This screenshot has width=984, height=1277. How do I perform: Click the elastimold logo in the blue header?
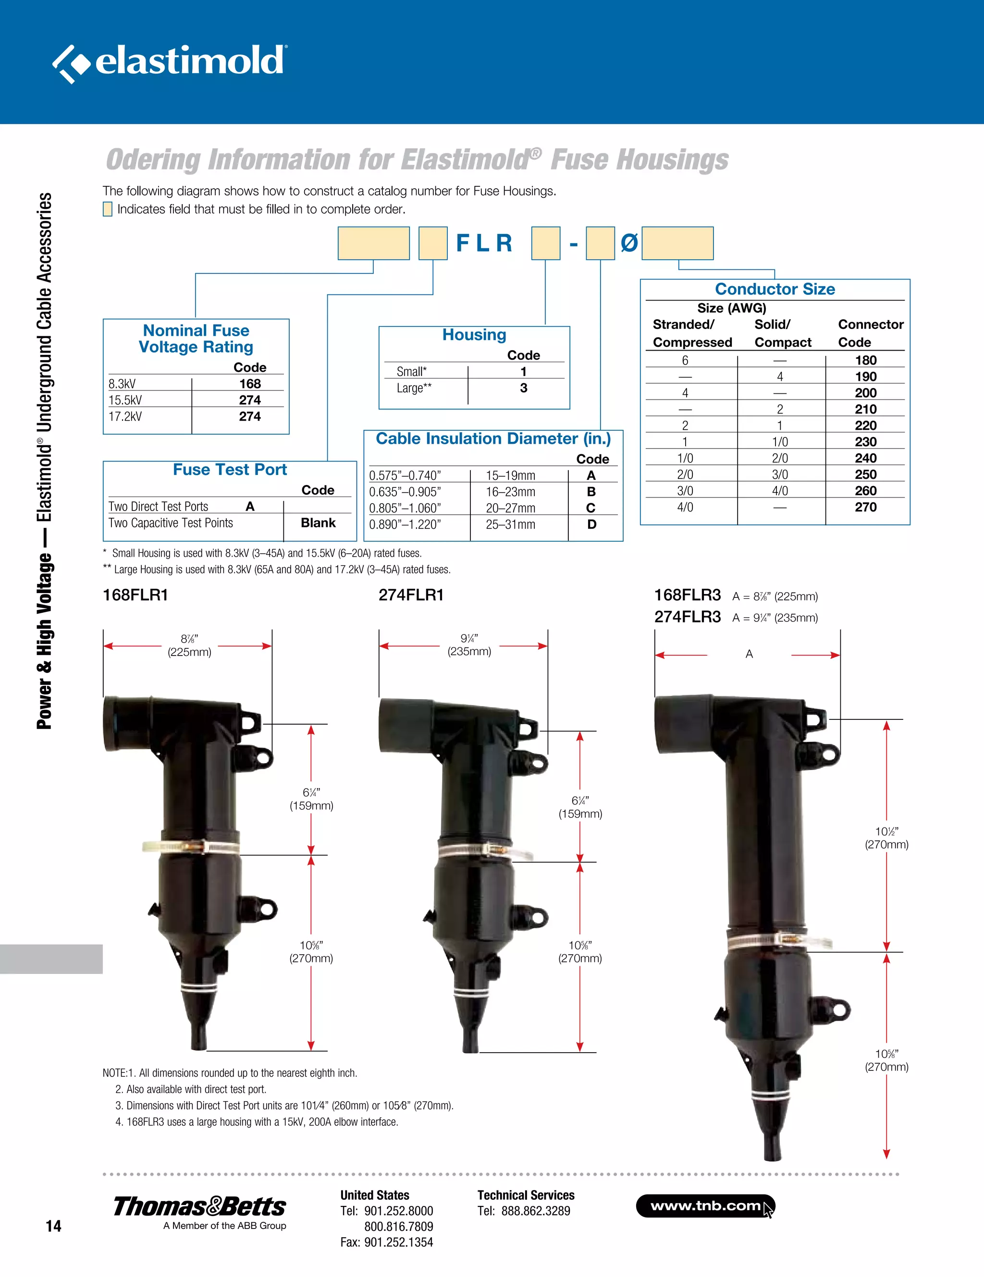pos(170,62)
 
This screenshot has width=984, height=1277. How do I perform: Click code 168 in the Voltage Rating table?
pos(250,384)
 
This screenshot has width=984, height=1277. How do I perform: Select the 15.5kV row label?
pos(125,400)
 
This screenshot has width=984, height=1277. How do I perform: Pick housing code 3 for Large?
pos(524,388)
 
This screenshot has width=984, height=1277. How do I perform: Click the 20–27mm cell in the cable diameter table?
pos(510,508)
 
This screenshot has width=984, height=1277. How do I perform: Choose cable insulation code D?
pos(591,524)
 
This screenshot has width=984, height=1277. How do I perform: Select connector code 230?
pos(865,442)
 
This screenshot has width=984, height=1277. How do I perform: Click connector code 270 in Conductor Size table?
pos(865,507)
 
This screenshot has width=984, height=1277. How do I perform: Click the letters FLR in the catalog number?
pos(484,243)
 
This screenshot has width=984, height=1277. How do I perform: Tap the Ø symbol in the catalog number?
pos(629,243)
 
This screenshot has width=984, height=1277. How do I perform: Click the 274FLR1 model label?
pos(411,595)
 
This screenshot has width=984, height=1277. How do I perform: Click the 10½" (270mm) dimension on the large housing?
pos(886,838)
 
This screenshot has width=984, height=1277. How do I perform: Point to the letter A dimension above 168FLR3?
pos(749,654)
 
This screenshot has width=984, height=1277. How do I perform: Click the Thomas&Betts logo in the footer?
pos(199,1207)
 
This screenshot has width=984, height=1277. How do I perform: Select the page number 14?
pos(53,1226)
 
